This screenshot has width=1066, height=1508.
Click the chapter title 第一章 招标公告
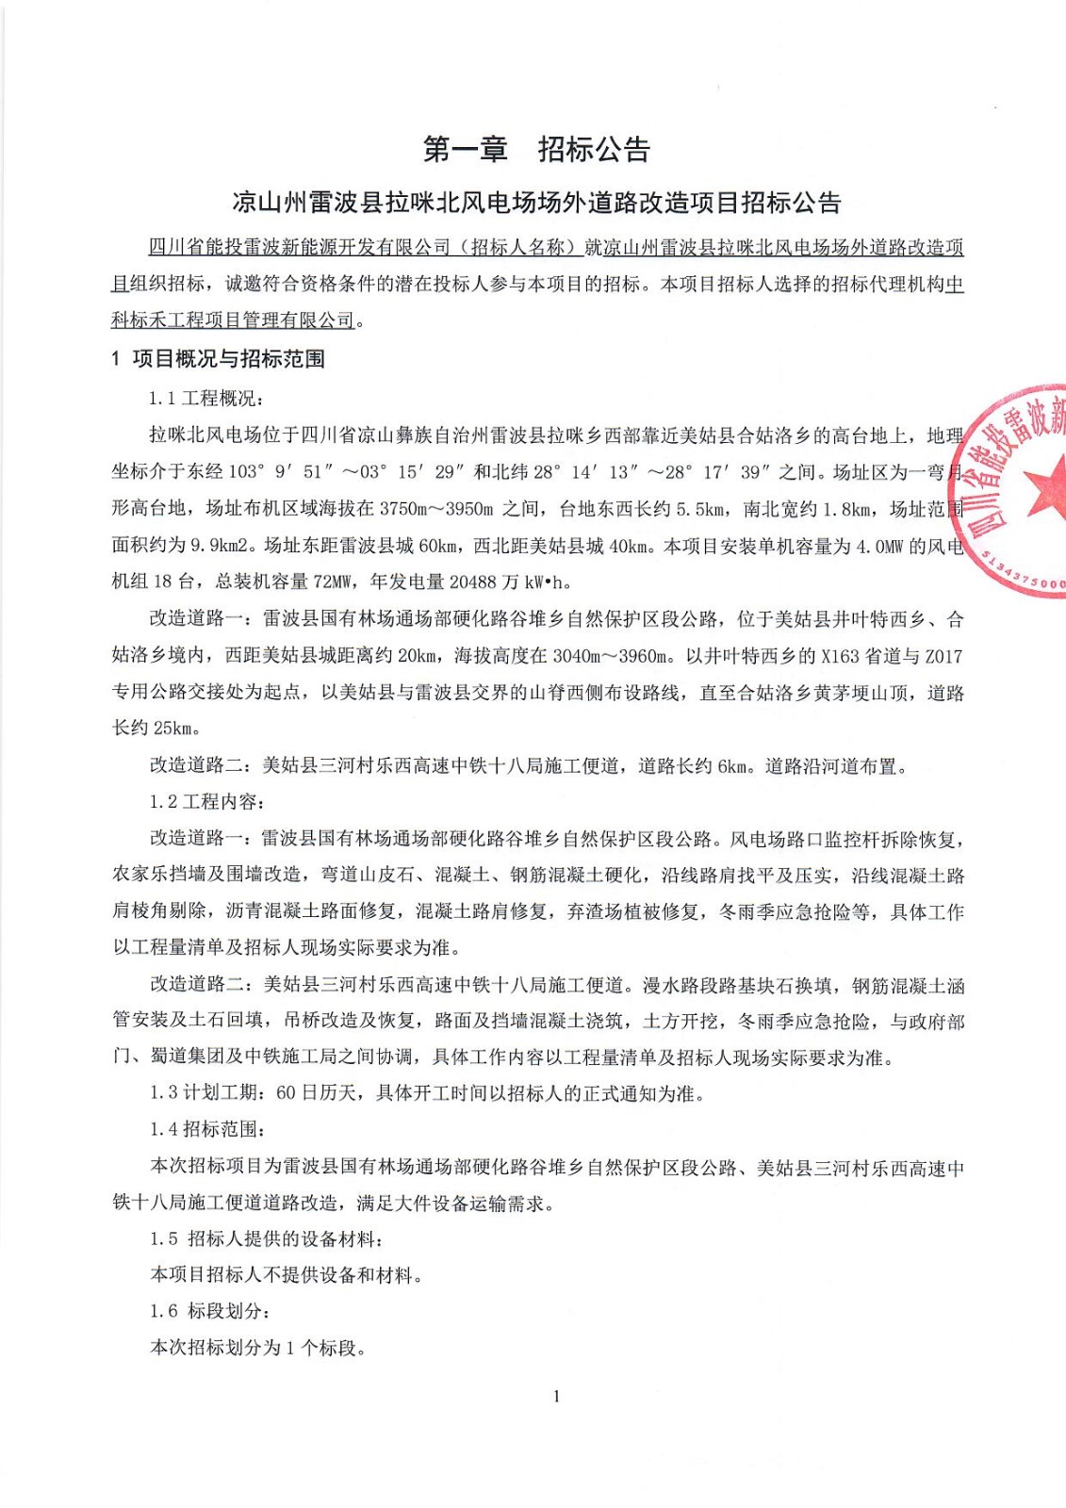point(536,149)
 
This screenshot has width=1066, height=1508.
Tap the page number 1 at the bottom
point(557,1396)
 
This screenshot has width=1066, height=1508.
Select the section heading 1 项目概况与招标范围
point(218,359)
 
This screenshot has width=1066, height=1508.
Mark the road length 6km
point(732,766)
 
